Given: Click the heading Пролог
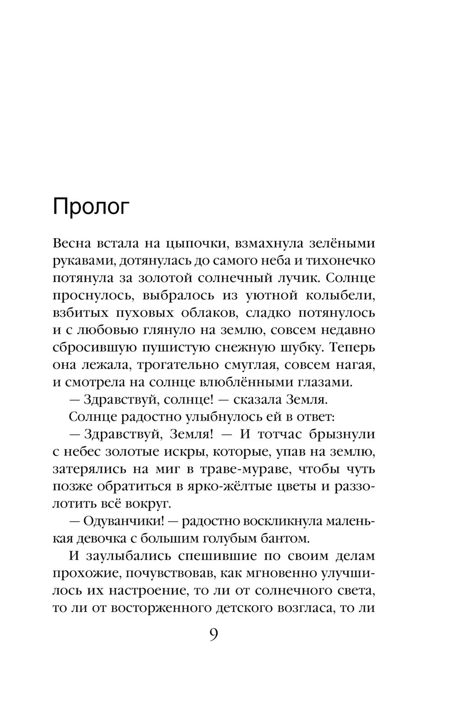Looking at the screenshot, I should [x=91, y=207].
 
